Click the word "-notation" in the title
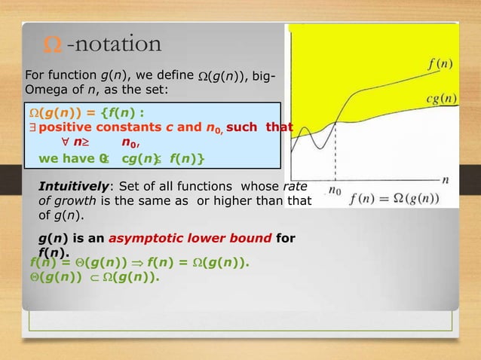coord(114,44)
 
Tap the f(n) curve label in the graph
coord(440,64)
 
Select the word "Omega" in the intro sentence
coord(46,90)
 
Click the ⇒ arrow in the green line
coord(130,264)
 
